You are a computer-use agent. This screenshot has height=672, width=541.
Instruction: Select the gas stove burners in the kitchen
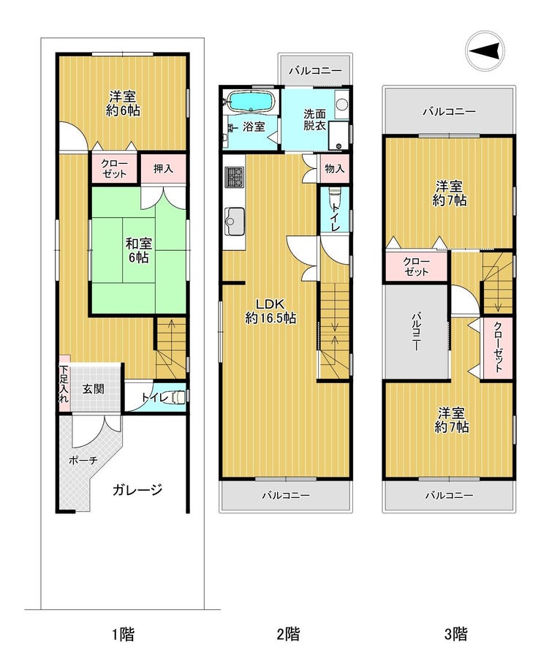tap(234, 176)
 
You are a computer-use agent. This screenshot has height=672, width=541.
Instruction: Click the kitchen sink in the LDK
tap(234, 221)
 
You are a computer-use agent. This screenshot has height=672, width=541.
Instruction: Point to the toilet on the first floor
tap(178, 397)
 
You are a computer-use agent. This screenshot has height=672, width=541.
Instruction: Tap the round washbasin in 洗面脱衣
tap(342, 104)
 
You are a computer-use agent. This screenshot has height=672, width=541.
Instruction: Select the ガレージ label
tap(137, 489)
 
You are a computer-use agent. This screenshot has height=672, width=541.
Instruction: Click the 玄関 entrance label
tap(94, 389)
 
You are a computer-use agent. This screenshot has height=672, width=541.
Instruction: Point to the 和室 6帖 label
tap(138, 250)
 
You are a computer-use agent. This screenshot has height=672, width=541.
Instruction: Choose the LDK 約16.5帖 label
tap(270, 311)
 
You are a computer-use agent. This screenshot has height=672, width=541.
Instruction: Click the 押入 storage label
tap(163, 168)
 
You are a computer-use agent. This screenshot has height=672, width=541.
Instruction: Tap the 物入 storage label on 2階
tap(335, 168)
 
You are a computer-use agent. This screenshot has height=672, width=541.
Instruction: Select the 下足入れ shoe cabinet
tap(64, 383)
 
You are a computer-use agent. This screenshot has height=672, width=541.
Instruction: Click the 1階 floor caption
tap(124, 634)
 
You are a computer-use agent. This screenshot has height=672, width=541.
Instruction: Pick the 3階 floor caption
tap(455, 634)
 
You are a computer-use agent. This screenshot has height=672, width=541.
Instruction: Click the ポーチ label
tap(83, 460)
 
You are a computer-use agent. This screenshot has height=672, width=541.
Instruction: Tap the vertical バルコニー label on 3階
tap(416, 332)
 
